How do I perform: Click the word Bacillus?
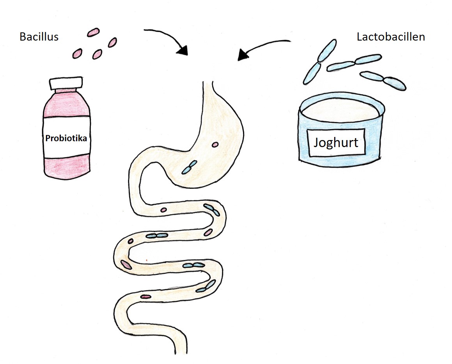click(x=39, y=37)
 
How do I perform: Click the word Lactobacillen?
click(x=391, y=37)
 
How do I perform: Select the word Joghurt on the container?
click(x=336, y=142)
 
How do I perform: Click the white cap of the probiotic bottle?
click(x=66, y=83)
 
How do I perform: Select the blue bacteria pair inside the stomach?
click(x=189, y=168)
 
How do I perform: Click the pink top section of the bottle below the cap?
click(x=66, y=103)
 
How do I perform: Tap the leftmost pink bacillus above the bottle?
click(x=77, y=53)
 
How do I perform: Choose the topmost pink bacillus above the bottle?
click(x=93, y=33)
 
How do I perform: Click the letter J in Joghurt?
click(x=317, y=142)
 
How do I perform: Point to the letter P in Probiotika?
click(x=48, y=138)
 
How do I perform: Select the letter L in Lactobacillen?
click(x=359, y=37)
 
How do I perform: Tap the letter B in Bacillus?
click(x=22, y=37)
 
